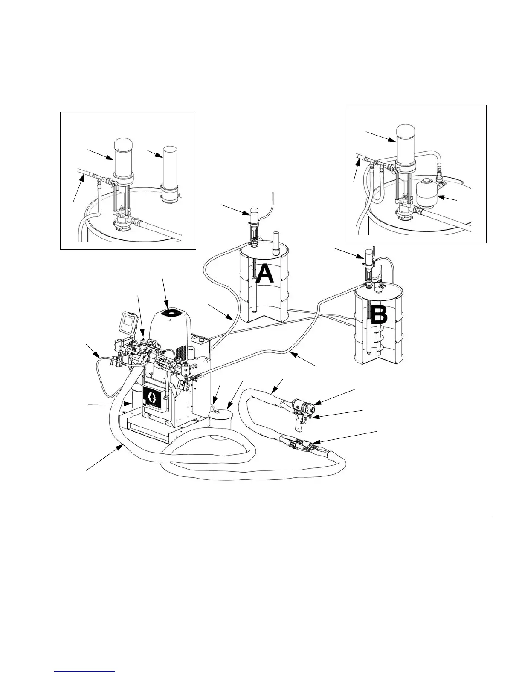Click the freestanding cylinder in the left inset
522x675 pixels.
170,167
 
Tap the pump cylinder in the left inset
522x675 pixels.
122,156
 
